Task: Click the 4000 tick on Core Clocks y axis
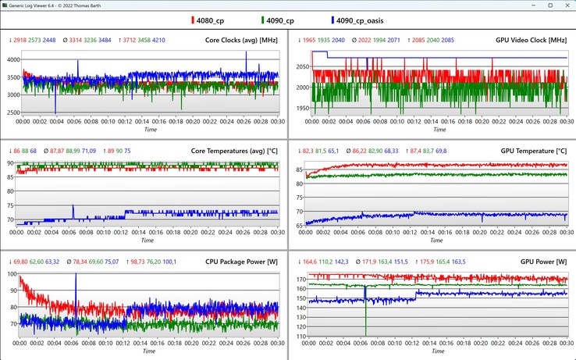pos(12,60)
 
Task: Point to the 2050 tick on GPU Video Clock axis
pos(300,68)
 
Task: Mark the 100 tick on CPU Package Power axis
pos(13,274)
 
